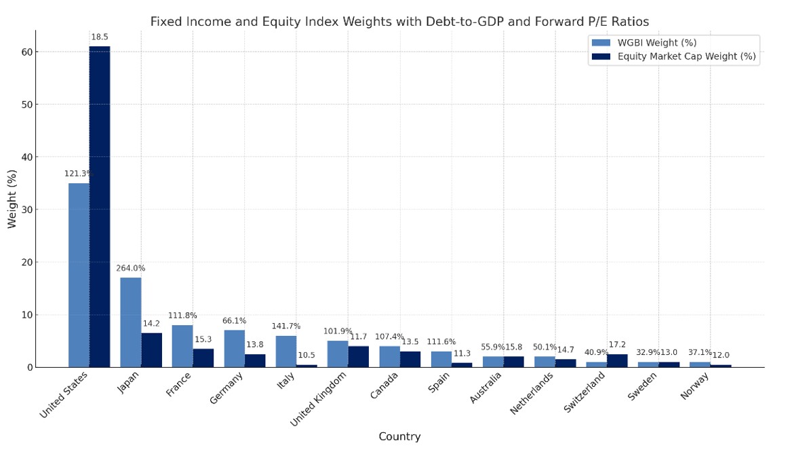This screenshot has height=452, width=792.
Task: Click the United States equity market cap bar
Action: click(99, 207)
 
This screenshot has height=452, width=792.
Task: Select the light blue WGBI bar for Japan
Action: click(131, 322)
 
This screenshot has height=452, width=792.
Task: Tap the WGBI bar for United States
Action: click(79, 275)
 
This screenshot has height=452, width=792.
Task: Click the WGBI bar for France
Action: click(182, 346)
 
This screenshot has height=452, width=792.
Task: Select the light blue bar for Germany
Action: click(234, 349)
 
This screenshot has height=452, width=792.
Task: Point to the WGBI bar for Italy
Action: click(285, 352)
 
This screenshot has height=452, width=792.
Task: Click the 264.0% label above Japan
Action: click(131, 268)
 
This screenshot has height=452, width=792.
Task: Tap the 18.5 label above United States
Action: click(99, 37)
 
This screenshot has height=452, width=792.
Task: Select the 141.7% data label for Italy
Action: click(285, 326)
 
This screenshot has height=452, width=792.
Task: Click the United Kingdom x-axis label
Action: click(321, 400)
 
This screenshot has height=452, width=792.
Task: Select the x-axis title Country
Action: click(399, 437)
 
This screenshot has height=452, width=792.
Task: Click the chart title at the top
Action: click(399, 21)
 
